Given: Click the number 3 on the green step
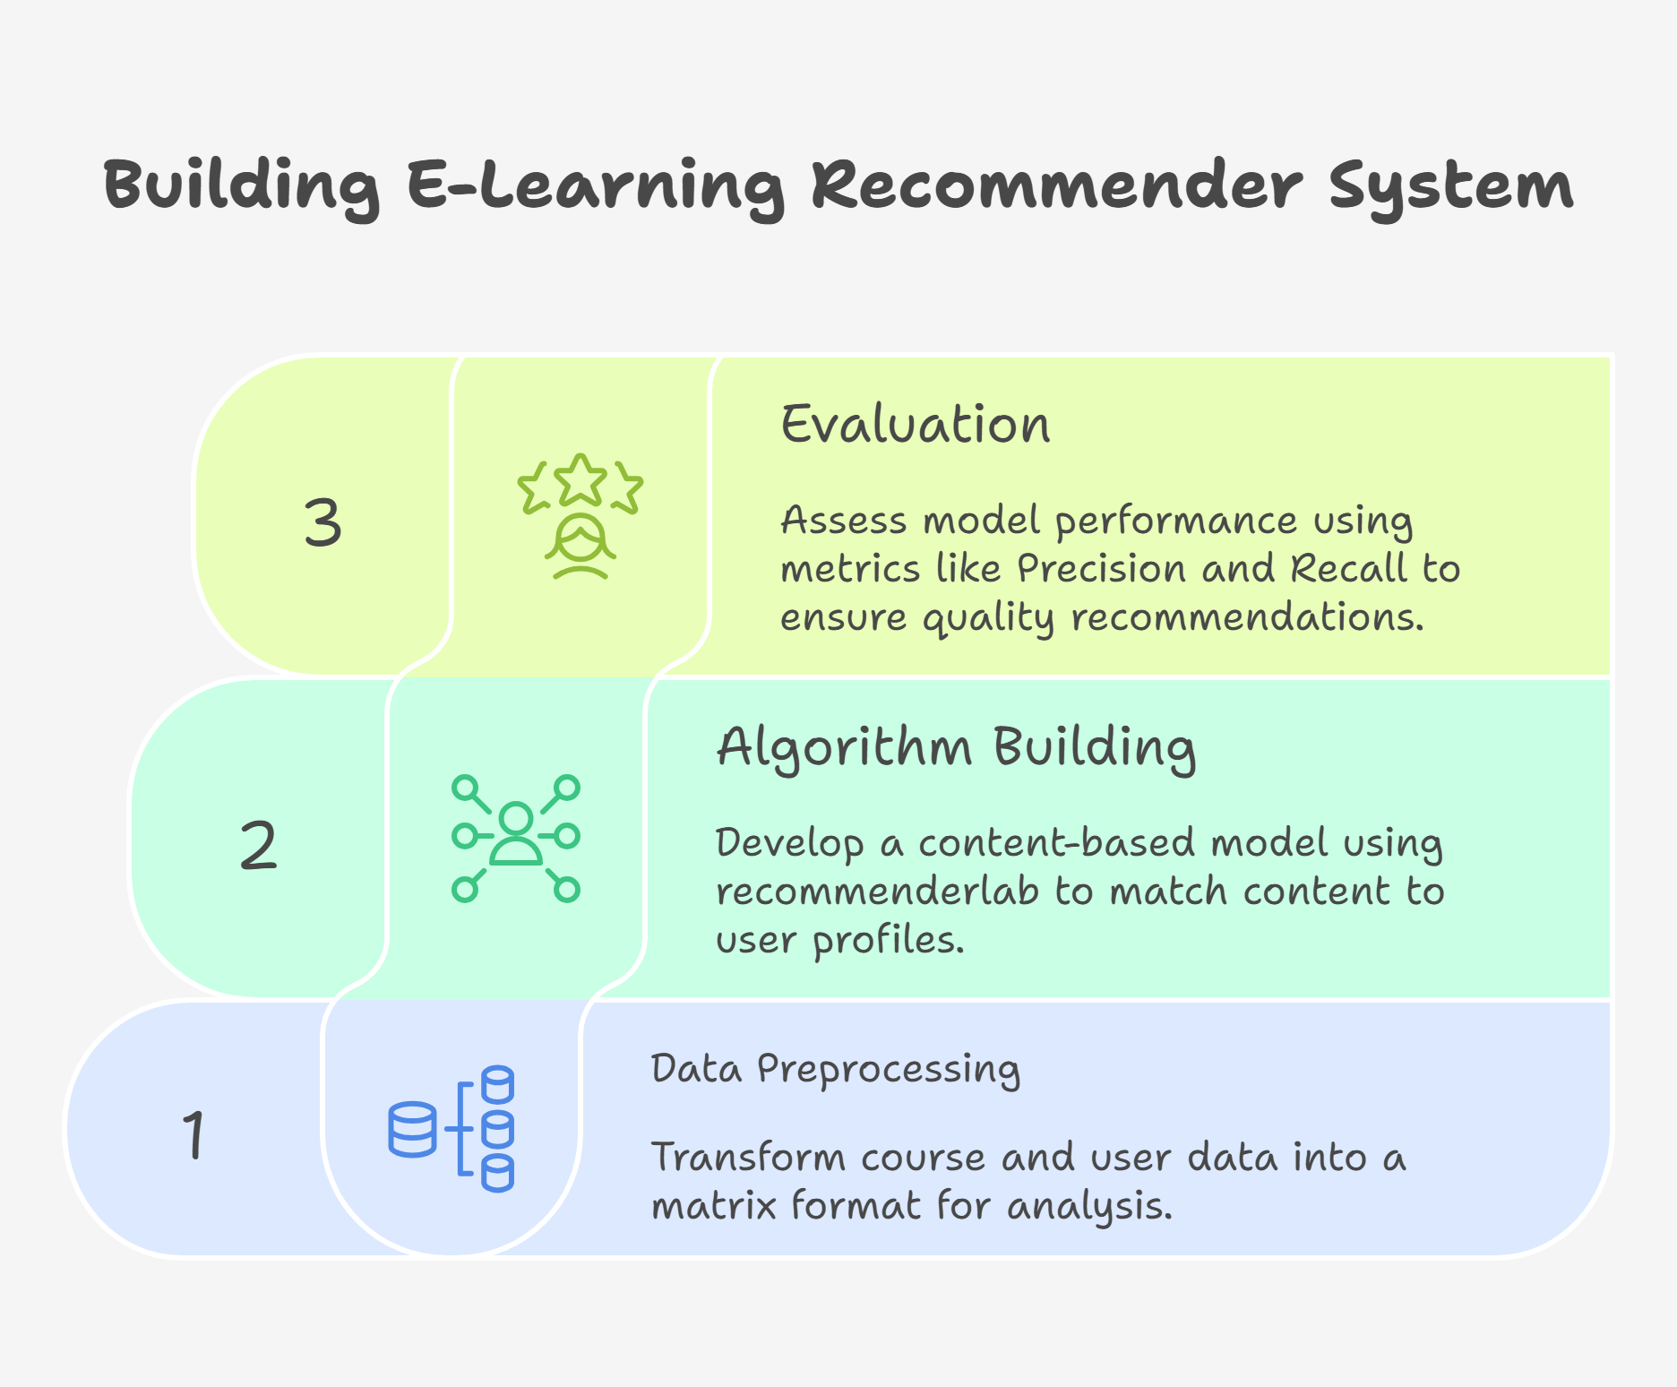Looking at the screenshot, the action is pos(322,522).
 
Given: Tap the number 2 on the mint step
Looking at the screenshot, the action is pos(259,845).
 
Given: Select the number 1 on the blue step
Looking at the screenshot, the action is pos(194,1135).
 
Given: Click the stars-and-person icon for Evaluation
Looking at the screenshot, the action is pos(580,517).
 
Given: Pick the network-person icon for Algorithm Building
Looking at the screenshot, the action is pos(516,839).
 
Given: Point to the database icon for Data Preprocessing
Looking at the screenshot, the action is pos(451,1129).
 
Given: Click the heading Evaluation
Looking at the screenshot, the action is pos(916,425).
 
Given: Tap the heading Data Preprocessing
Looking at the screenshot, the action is pos(836,1069).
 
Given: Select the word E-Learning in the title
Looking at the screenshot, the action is pos(596,186).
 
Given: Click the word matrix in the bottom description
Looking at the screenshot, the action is pos(714,1206).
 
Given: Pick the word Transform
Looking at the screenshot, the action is pos(748,1157).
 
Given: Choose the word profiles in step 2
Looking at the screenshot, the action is pos(888,941).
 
